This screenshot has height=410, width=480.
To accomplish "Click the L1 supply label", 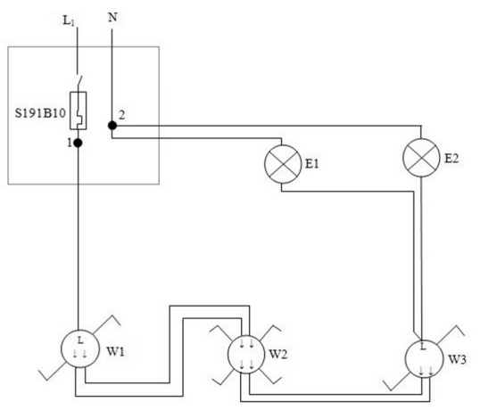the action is (69, 20).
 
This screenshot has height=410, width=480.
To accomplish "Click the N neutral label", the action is (112, 18).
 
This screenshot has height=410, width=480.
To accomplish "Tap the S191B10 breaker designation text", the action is (40, 113).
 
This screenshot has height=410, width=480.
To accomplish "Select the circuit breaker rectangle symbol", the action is (78, 111).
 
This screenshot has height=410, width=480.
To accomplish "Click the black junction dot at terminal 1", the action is (78, 143).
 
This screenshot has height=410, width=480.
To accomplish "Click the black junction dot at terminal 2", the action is (112, 126).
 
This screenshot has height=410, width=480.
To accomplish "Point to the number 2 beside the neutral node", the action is (122, 115).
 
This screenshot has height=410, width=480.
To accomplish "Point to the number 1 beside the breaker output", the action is (70, 143).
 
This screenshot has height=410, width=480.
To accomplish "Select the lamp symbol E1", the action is (283, 164).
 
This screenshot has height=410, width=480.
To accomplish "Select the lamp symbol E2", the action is (421, 158).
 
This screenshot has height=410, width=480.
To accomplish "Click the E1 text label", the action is (312, 164).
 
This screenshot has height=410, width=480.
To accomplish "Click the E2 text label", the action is (451, 159).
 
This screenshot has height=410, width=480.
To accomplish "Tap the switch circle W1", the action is (80, 349).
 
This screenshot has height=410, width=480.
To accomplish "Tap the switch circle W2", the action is (246, 354).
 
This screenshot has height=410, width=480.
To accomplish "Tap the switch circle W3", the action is (424, 358).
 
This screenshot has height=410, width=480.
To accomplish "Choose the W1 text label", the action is (115, 351).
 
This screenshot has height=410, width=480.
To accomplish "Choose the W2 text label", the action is (278, 355).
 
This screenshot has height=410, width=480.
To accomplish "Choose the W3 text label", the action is (458, 359).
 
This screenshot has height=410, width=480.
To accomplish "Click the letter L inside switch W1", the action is (80, 340).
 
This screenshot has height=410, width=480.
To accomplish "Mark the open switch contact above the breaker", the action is (79, 82).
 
